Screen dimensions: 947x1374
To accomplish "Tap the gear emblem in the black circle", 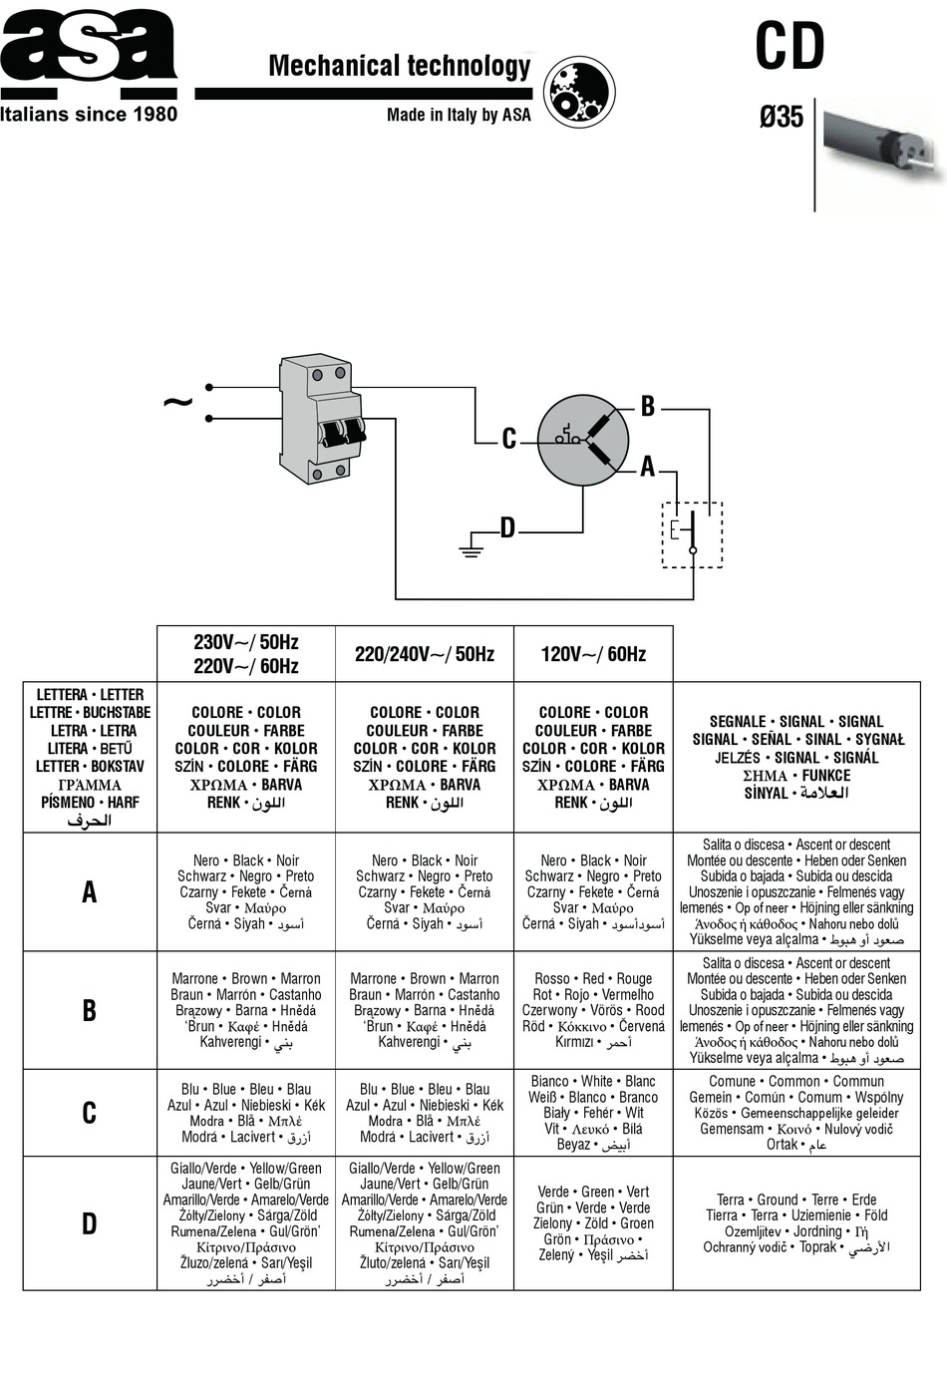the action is pos(579,92).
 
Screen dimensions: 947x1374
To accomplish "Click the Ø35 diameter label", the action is pos(781,117).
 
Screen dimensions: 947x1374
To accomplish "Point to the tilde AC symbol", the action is pos(177,403).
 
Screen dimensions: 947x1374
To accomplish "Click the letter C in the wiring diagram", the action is pos(509,439).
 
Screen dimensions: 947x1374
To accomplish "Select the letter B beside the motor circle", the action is pos(648,406).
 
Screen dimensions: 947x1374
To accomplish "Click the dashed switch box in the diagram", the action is pos(692,534).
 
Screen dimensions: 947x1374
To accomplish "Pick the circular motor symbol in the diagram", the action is pos(583,441).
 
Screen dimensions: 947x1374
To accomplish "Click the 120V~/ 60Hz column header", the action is pos(593,654).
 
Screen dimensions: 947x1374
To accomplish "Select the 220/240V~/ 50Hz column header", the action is pos(425,654).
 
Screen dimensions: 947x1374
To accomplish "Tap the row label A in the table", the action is pos(90,891).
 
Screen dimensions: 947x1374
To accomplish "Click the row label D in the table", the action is pos(90,1223).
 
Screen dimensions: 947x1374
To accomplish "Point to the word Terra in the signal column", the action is pos(731,1200).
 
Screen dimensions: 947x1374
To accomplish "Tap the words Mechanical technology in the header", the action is pos(400,66).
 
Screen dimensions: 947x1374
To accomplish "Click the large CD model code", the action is pos(789,46).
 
